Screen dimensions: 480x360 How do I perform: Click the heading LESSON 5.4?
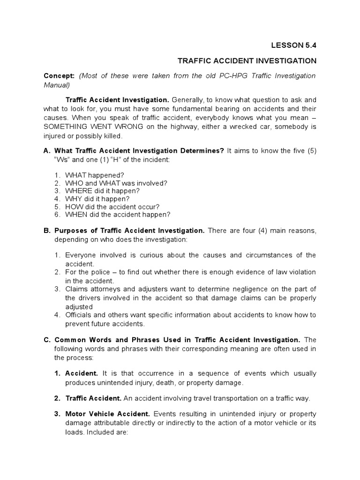pos(294,45)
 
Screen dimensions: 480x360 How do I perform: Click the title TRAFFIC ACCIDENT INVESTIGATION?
pos(247,61)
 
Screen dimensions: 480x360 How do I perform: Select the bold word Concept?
pos(59,76)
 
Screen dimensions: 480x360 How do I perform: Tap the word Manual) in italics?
pos(57,85)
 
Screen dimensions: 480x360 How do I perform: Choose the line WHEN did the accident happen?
pos(118,215)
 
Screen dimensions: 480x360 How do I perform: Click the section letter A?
pos(46,150)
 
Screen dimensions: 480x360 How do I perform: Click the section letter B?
pos(46,231)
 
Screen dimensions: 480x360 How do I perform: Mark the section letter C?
pos(46,340)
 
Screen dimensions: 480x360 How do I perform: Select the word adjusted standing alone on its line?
pos(80,306)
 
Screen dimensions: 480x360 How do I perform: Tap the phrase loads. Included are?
pos(96,431)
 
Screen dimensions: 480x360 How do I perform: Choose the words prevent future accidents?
pos(105,323)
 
